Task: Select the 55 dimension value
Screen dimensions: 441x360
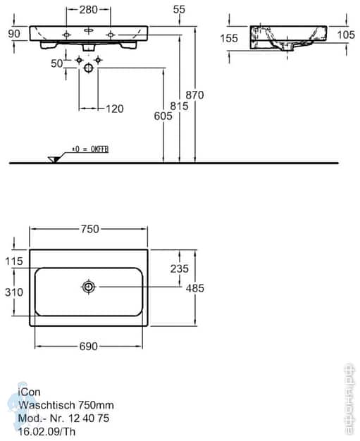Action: coord(179,9)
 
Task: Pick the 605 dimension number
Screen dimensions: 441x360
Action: coord(163,118)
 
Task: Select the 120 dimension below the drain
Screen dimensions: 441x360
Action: coord(113,108)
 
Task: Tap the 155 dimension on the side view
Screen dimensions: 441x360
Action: coord(229,39)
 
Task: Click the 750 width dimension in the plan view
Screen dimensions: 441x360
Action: coord(89,228)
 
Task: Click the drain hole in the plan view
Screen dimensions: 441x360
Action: coord(89,287)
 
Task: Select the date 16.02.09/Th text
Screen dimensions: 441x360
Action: coord(46,429)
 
